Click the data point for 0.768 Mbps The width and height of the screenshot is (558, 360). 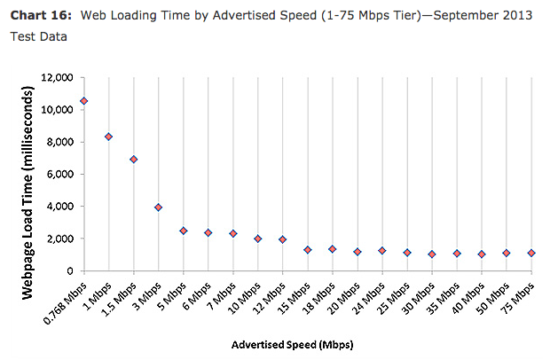pos(83,101)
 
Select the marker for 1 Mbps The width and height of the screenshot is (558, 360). pos(108,137)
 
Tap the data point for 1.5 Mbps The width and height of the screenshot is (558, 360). pos(133,160)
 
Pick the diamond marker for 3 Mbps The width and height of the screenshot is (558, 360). pos(158,207)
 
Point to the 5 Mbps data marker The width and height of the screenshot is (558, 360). pos(183,231)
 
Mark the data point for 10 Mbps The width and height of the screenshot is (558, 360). pos(257,239)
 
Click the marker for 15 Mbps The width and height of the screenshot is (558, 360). pos(307,250)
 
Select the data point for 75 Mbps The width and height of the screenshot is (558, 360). pos(530,254)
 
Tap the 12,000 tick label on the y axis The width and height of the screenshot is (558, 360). pos(55,78)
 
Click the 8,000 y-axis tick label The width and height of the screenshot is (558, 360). pos(58,142)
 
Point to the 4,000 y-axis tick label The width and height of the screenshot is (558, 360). pos(58,207)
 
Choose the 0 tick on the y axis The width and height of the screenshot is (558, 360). pos(68,270)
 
